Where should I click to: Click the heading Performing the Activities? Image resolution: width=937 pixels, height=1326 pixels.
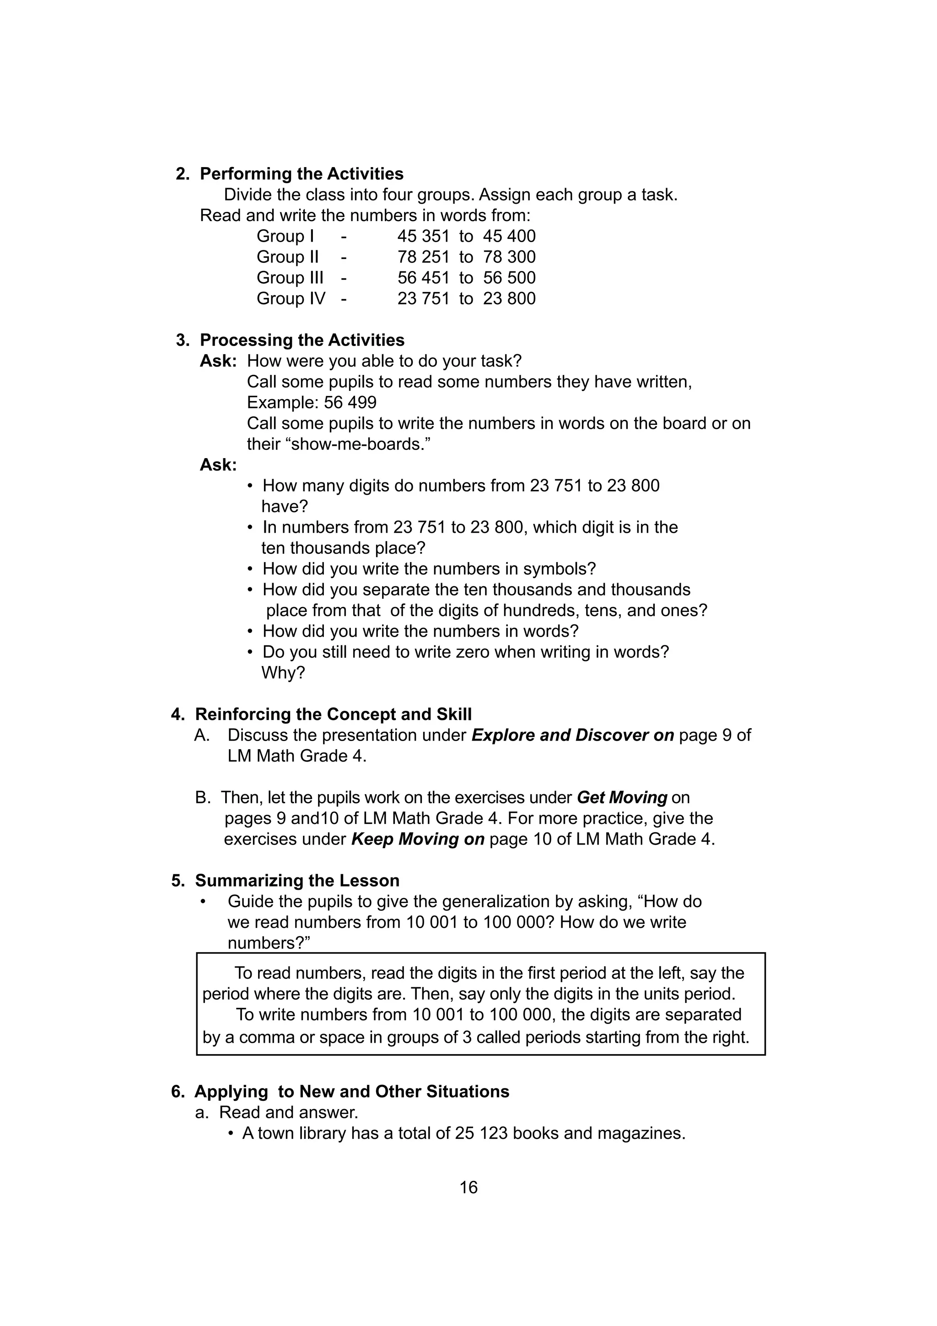point(302,174)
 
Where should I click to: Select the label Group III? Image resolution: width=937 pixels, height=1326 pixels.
point(290,278)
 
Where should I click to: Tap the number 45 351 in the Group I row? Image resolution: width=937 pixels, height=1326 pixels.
point(423,236)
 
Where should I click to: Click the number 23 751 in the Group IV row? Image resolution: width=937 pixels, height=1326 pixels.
point(423,298)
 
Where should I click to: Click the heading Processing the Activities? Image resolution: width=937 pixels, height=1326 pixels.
point(302,340)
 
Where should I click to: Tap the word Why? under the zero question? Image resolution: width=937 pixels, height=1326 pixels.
point(283,673)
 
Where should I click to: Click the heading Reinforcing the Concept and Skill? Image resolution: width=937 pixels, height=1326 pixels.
point(333,714)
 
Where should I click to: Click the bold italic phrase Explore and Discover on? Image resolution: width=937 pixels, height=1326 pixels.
point(573,735)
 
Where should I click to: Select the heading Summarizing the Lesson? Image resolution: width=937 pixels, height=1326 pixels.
point(297,881)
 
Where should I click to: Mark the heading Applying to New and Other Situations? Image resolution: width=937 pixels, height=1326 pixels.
point(351,1092)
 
